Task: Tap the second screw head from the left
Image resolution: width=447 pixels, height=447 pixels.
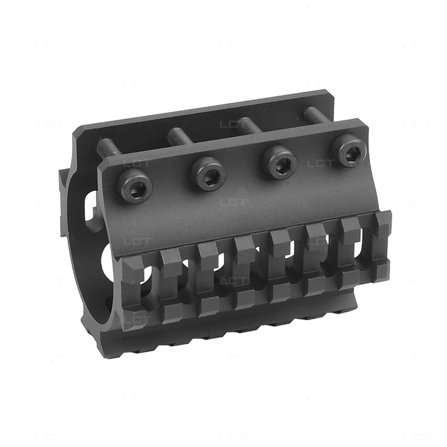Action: pos(208,173)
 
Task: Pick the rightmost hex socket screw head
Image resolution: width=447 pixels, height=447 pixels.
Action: pos(349,151)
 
